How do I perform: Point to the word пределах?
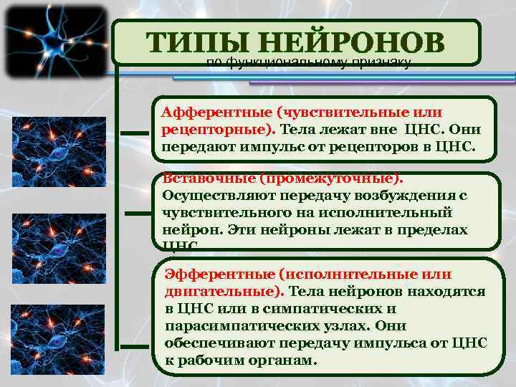click(x=431, y=230)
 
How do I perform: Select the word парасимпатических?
click(x=240, y=326)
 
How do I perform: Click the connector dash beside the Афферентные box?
click(x=135, y=133)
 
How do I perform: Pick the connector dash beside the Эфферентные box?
click(x=136, y=316)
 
